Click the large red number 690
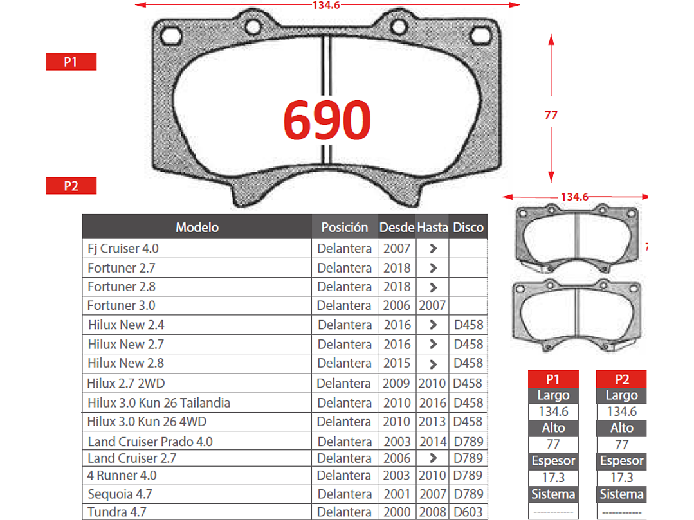pyautogui.click(x=327, y=120)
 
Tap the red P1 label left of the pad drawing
pyautogui.click(x=71, y=62)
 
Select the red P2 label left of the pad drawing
pyautogui.click(x=71, y=186)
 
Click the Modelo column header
pyautogui.click(x=197, y=227)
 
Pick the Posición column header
pyautogui.click(x=345, y=227)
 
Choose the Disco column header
pyautogui.click(x=468, y=227)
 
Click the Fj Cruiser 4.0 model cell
pyautogui.click(x=123, y=248)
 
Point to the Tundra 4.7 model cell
pyautogui.click(x=117, y=512)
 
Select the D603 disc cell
pyautogui.click(x=468, y=512)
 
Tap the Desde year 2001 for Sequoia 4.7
pyautogui.click(x=397, y=494)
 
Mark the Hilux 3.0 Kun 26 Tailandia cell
pyautogui.click(x=159, y=403)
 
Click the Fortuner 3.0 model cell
pyautogui.click(x=122, y=305)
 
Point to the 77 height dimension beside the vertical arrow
pyautogui.click(x=551, y=116)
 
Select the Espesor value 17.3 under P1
pyautogui.click(x=553, y=478)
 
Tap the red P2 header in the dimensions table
pyautogui.click(x=622, y=379)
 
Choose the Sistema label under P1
pyautogui.click(x=553, y=494)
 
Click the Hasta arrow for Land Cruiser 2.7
pyautogui.click(x=433, y=458)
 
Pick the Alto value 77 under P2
pyautogui.click(x=622, y=444)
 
